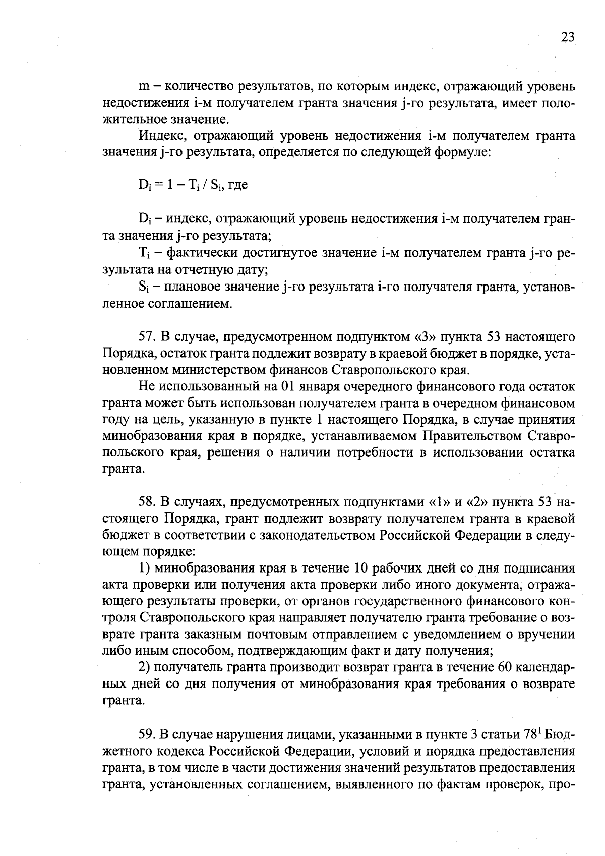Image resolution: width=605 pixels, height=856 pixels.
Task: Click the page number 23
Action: [x=567, y=37]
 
